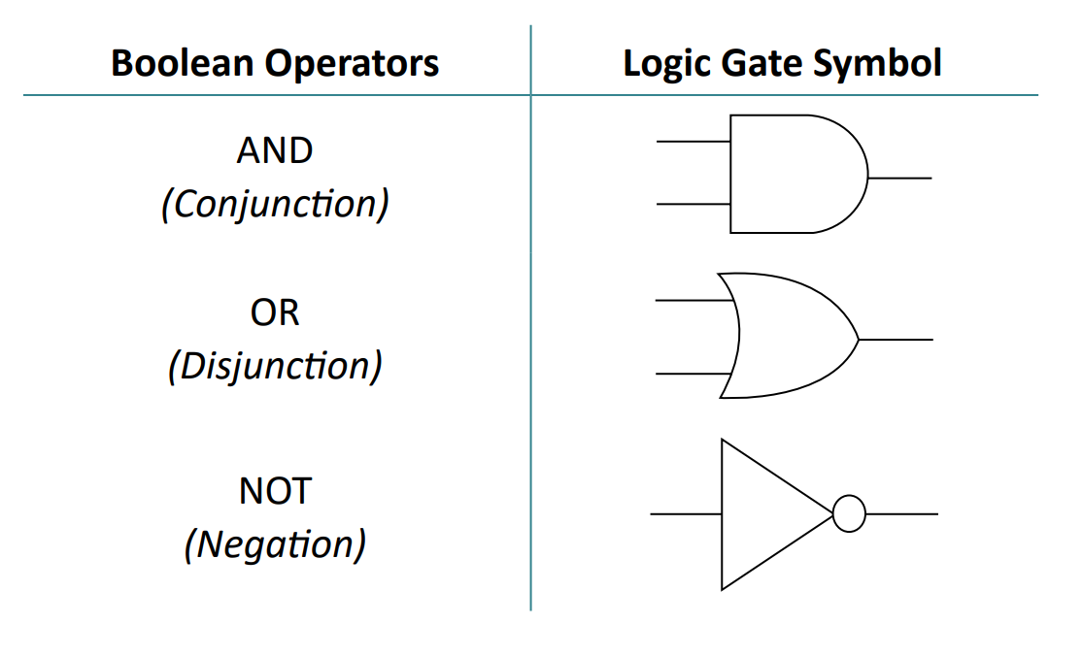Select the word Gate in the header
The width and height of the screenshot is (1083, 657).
(760, 64)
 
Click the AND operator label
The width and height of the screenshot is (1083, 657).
(275, 150)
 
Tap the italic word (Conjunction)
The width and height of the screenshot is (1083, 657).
(275, 204)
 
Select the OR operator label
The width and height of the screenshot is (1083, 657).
(275, 312)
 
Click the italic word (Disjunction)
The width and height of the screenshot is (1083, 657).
(275, 367)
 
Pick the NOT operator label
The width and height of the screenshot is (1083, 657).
(275, 491)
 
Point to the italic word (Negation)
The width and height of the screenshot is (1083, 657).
(275, 544)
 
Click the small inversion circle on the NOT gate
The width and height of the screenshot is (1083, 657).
(849, 514)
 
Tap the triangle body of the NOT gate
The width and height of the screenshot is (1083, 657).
(762, 514)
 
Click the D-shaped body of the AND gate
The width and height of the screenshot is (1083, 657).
(792, 175)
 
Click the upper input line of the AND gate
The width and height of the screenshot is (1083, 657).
(693, 142)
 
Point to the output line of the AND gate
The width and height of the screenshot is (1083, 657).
(900, 179)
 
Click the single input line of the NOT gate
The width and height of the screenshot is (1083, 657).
(686, 514)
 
